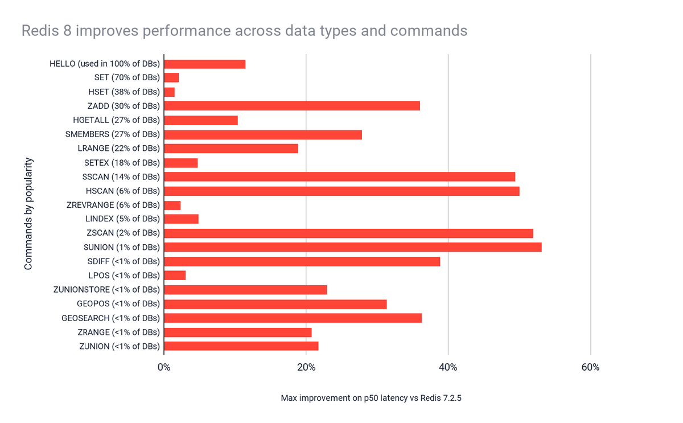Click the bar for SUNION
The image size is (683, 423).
tap(352, 247)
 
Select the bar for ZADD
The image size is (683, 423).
tap(291, 106)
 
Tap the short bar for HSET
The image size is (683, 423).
tap(169, 92)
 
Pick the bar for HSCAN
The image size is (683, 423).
tap(341, 191)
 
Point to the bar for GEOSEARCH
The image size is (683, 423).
tap(293, 318)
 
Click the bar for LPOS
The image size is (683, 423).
tap(175, 276)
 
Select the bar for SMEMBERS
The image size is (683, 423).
tap(262, 134)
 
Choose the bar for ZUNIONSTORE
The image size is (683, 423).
tap(245, 290)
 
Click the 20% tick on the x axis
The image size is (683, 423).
tap(306, 367)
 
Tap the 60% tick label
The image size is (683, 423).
tap(590, 367)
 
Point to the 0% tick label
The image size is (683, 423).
tap(164, 367)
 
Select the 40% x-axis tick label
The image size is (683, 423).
tap(449, 367)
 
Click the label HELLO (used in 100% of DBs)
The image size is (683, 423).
tap(105, 64)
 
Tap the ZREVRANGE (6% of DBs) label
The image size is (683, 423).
tap(113, 205)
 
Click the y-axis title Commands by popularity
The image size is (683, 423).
tap(28, 213)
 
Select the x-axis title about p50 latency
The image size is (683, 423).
tap(371, 398)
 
